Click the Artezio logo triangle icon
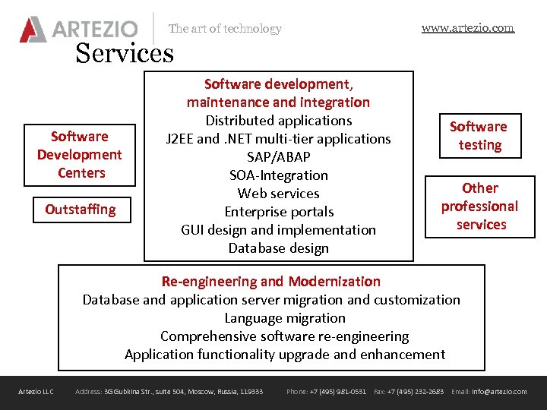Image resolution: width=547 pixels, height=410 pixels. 33,30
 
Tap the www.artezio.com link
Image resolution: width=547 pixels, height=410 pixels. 467,28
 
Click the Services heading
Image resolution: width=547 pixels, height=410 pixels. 125,53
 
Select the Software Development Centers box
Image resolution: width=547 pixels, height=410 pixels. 80,154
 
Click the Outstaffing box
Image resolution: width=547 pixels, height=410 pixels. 81,210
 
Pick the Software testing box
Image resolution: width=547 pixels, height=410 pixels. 479,136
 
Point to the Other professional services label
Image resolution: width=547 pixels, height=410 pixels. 480,206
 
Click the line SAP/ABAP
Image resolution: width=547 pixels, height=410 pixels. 278,156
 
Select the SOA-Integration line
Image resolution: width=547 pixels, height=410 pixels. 278,175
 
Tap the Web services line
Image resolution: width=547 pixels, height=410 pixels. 278,193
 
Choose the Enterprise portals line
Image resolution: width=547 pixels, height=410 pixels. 279,211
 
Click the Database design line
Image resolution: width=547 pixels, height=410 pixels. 278,248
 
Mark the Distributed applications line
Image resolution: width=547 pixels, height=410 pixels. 279,120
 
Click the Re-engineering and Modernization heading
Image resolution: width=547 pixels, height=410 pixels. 271,282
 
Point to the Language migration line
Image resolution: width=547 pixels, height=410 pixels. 285,318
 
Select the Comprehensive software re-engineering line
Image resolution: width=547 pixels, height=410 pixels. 284,336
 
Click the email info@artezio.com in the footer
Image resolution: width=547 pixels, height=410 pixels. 499,392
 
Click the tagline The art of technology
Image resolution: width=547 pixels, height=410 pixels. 225,29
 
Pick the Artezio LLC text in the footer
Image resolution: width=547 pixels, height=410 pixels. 36,392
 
